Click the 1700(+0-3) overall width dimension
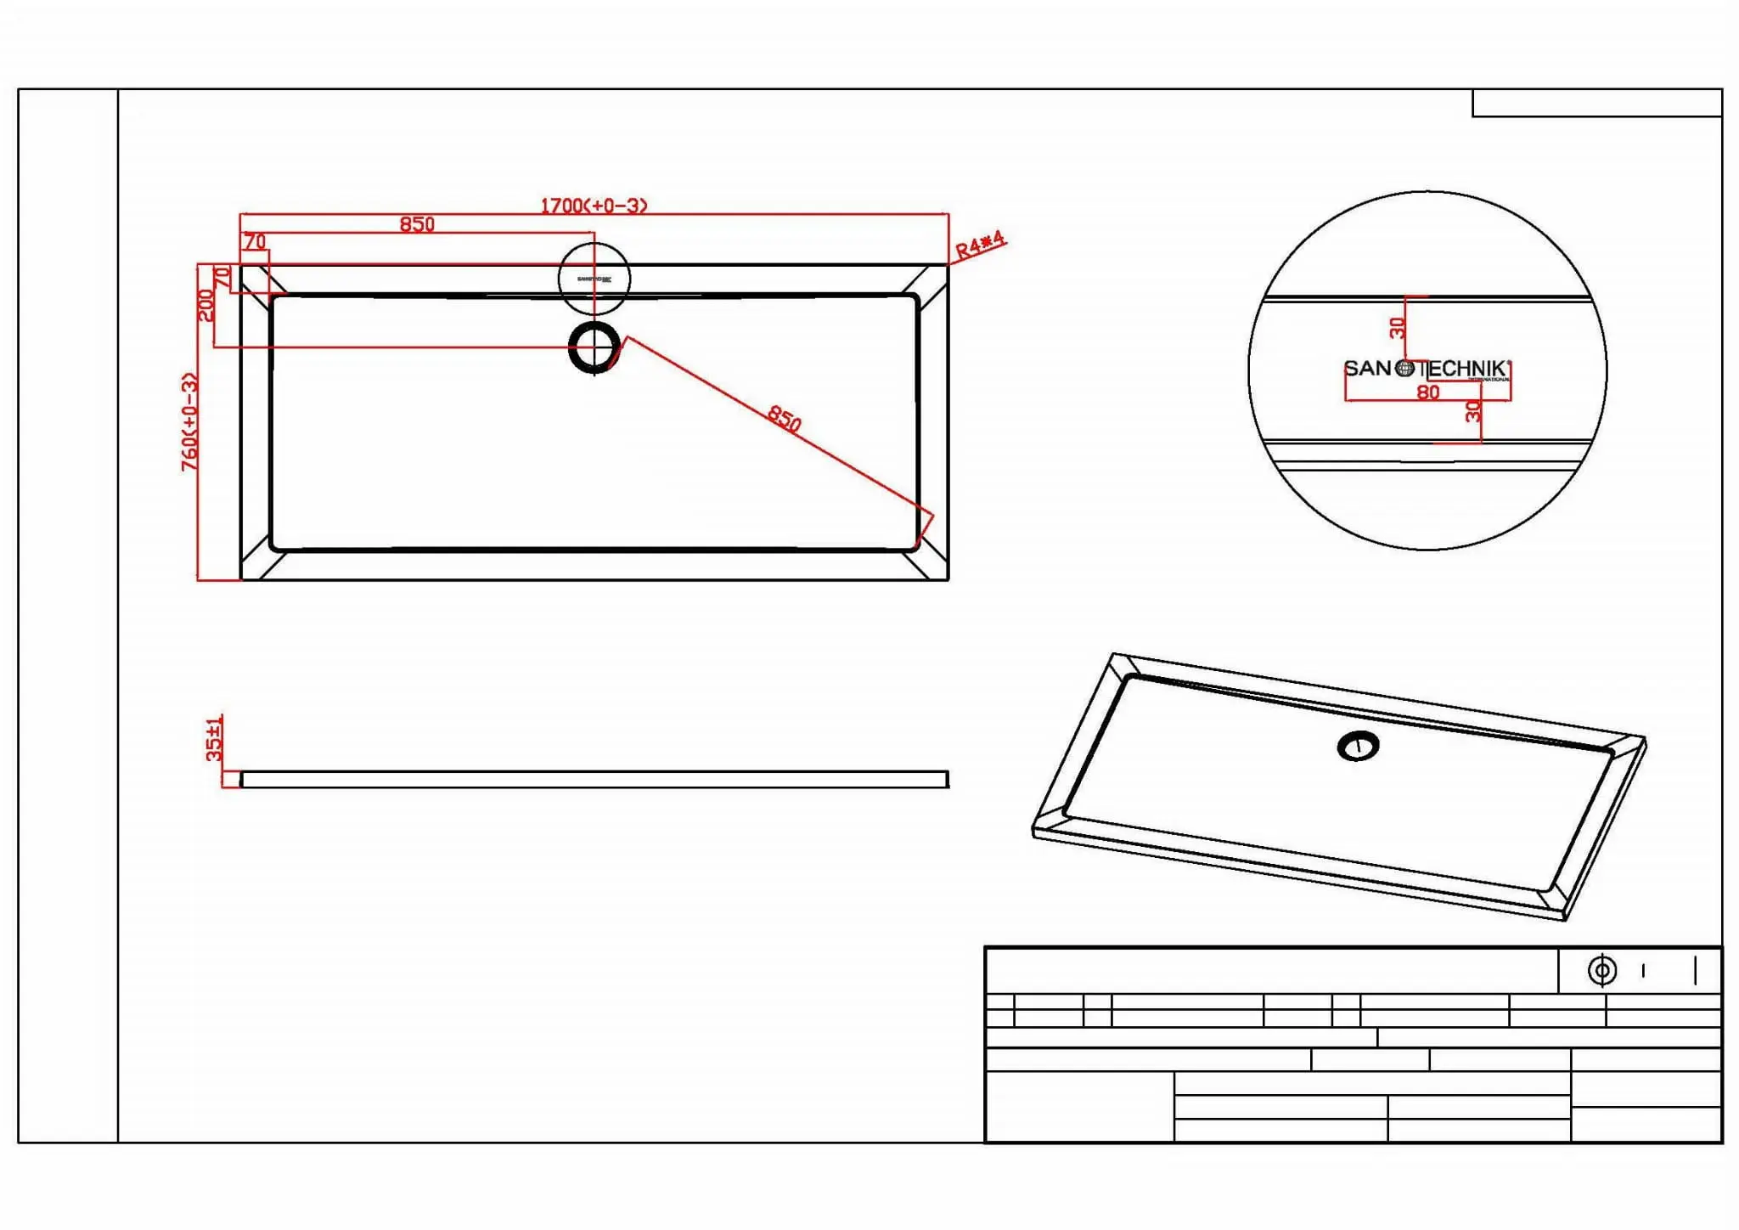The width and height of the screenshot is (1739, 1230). point(594,206)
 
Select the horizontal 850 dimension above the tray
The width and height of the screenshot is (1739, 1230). point(417,224)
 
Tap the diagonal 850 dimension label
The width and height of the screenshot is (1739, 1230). point(784,418)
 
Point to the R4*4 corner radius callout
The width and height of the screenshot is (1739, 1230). point(980,245)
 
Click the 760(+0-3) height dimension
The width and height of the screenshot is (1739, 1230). point(190,421)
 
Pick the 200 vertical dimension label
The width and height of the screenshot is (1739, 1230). point(205,306)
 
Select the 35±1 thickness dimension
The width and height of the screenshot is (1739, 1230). point(214,737)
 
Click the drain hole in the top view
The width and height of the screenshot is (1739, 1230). point(594,347)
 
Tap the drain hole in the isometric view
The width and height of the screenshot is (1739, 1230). point(1358,747)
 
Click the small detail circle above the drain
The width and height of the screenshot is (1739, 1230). point(594,279)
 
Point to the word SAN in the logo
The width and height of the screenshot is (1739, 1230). point(1367,369)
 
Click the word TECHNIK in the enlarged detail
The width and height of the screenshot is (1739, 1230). point(1466,369)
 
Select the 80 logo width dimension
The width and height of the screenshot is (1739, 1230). point(1428,392)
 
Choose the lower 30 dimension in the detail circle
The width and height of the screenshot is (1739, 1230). point(1473,412)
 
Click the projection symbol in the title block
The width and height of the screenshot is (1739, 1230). point(1602,970)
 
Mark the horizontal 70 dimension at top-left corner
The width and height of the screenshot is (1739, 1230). point(255,242)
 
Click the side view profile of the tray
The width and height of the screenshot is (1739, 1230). point(594,780)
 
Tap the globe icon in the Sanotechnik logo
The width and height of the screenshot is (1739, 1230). point(1405,369)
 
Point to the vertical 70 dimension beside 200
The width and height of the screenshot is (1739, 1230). point(222,277)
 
